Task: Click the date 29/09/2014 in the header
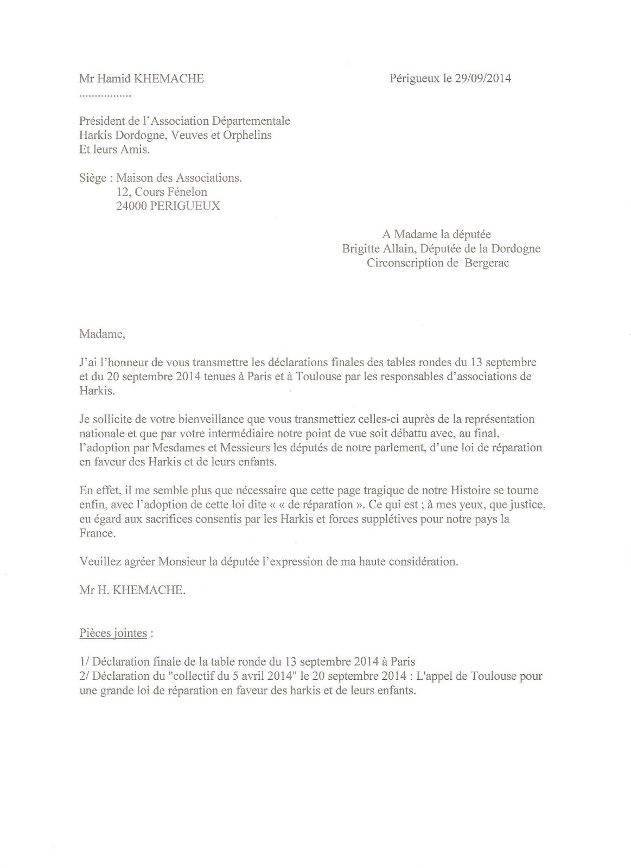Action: point(483,79)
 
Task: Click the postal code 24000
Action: point(131,206)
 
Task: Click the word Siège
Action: point(92,178)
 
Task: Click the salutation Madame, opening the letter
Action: point(102,334)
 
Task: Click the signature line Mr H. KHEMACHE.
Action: point(132,590)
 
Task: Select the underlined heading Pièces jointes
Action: point(113,633)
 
